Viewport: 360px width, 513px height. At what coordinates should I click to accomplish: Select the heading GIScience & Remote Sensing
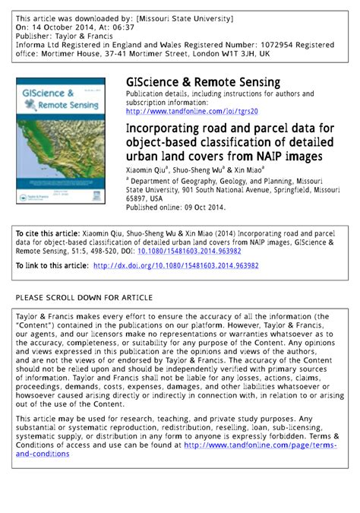point(203,81)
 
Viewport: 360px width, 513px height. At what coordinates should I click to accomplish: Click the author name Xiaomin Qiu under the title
point(147,171)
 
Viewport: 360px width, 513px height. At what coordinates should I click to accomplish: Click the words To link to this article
point(52,266)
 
